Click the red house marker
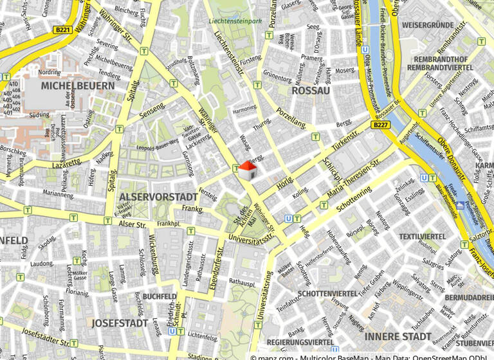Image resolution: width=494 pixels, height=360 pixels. [247, 170]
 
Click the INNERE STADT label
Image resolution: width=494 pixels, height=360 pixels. [398, 336]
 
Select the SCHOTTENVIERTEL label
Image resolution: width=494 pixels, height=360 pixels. [327, 294]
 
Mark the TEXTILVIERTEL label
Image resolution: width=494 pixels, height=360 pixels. [422, 237]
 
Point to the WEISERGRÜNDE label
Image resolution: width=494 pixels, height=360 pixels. [427, 25]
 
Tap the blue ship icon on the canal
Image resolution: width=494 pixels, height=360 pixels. [459, 206]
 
